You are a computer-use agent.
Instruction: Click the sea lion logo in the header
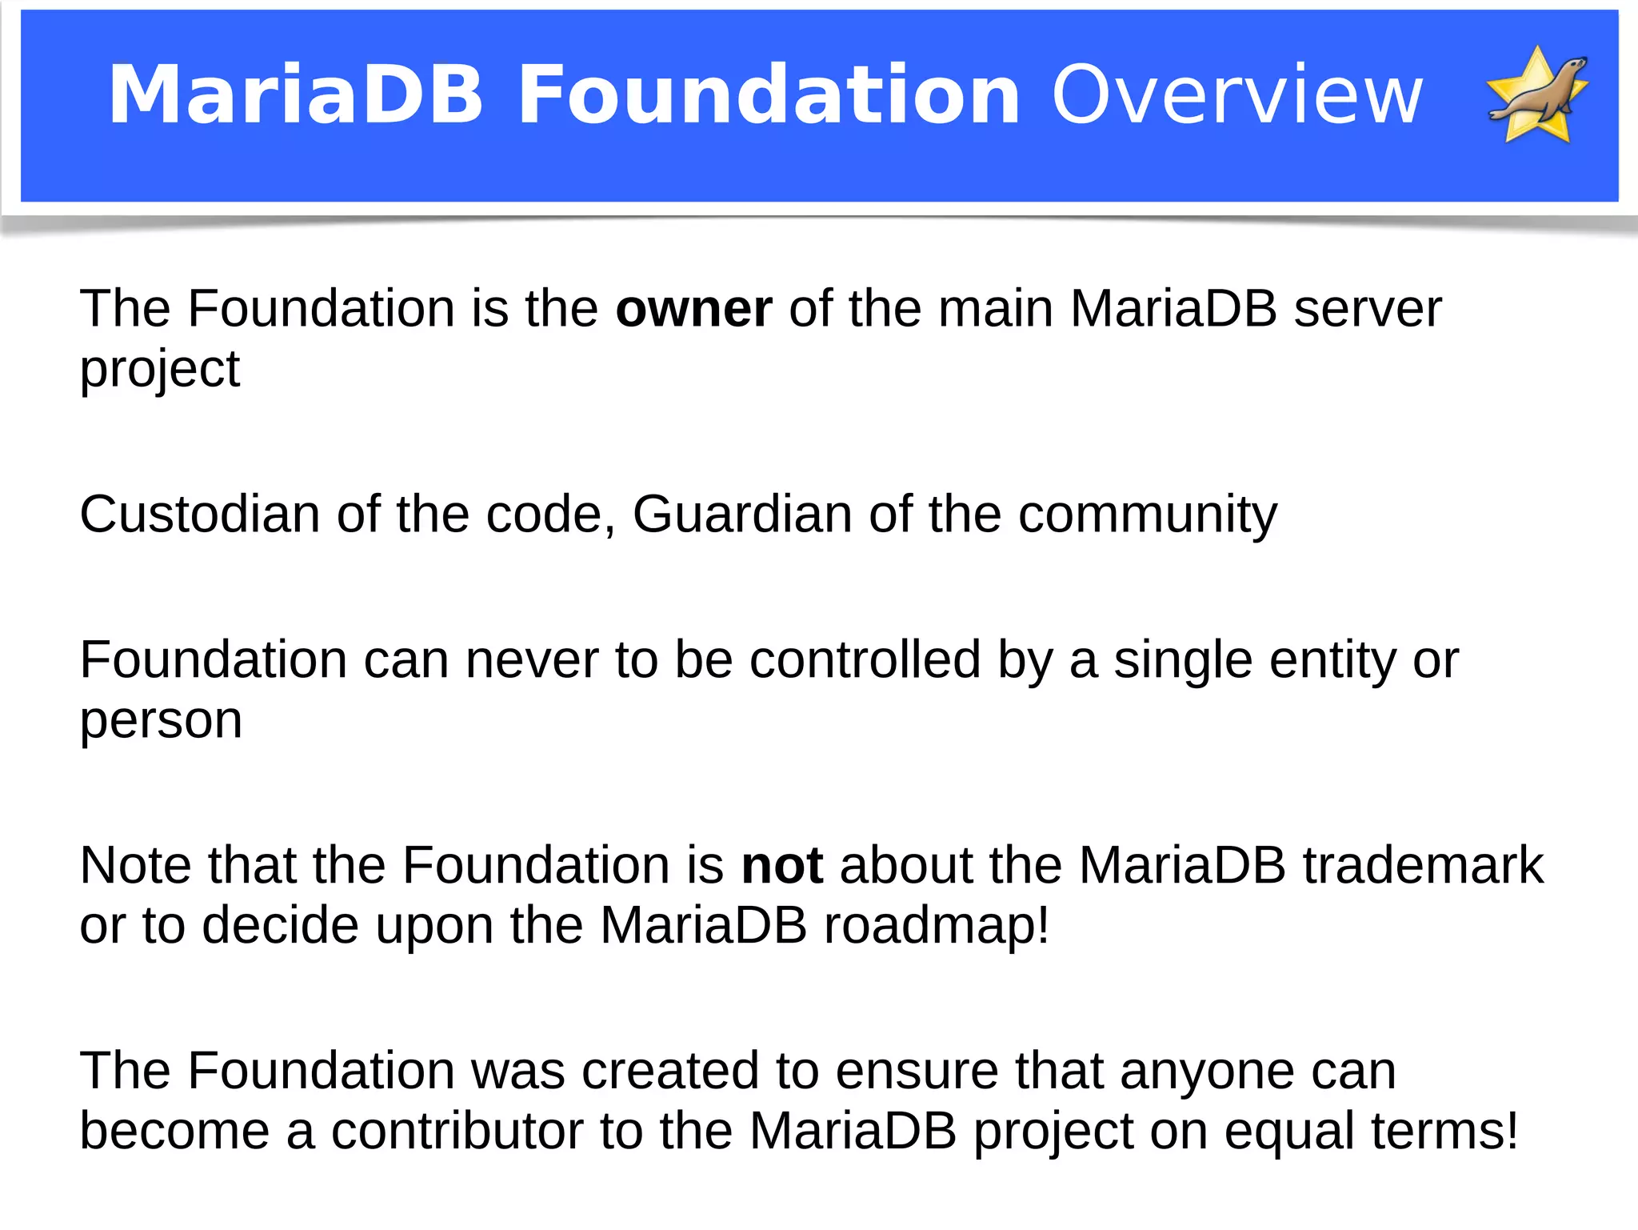(x=1537, y=96)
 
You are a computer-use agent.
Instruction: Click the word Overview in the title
(x=1236, y=96)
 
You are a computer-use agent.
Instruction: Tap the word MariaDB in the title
(x=296, y=96)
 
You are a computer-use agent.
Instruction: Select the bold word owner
(x=693, y=309)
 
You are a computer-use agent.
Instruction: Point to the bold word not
(x=781, y=866)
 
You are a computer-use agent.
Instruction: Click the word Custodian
(x=199, y=514)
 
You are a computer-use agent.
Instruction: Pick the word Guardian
(x=742, y=514)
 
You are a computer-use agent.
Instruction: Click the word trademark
(x=1423, y=866)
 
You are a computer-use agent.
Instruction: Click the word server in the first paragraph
(x=1368, y=309)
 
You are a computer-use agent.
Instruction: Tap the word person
(x=161, y=722)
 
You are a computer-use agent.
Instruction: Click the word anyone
(x=1207, y=1072)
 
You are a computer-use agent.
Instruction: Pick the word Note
(x=135, y=866)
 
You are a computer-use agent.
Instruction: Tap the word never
(x=532, y=660)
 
